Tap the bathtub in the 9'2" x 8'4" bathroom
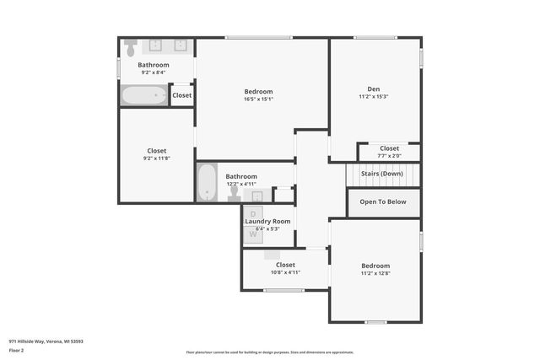[x=143, y=95]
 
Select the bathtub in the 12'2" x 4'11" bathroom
[x=208, y=183]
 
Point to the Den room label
[x=373, y=89]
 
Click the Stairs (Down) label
[x=382, y=174]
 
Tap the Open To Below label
[x=383, y=202]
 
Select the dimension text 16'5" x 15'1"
[x=258, y=99]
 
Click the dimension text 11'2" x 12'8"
[x=375, y=273]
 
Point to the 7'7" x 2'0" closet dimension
[x=389, y=156]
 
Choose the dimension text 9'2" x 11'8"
[x=157, y=159]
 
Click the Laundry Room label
[x=267, y=221]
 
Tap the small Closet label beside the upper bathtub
[x=181, y=95]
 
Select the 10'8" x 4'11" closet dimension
[x=285, y=272]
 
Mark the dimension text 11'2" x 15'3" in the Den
[x=373, y=96]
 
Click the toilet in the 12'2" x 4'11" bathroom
[x=234, y=193]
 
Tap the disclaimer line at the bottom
[x=269, y=352]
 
